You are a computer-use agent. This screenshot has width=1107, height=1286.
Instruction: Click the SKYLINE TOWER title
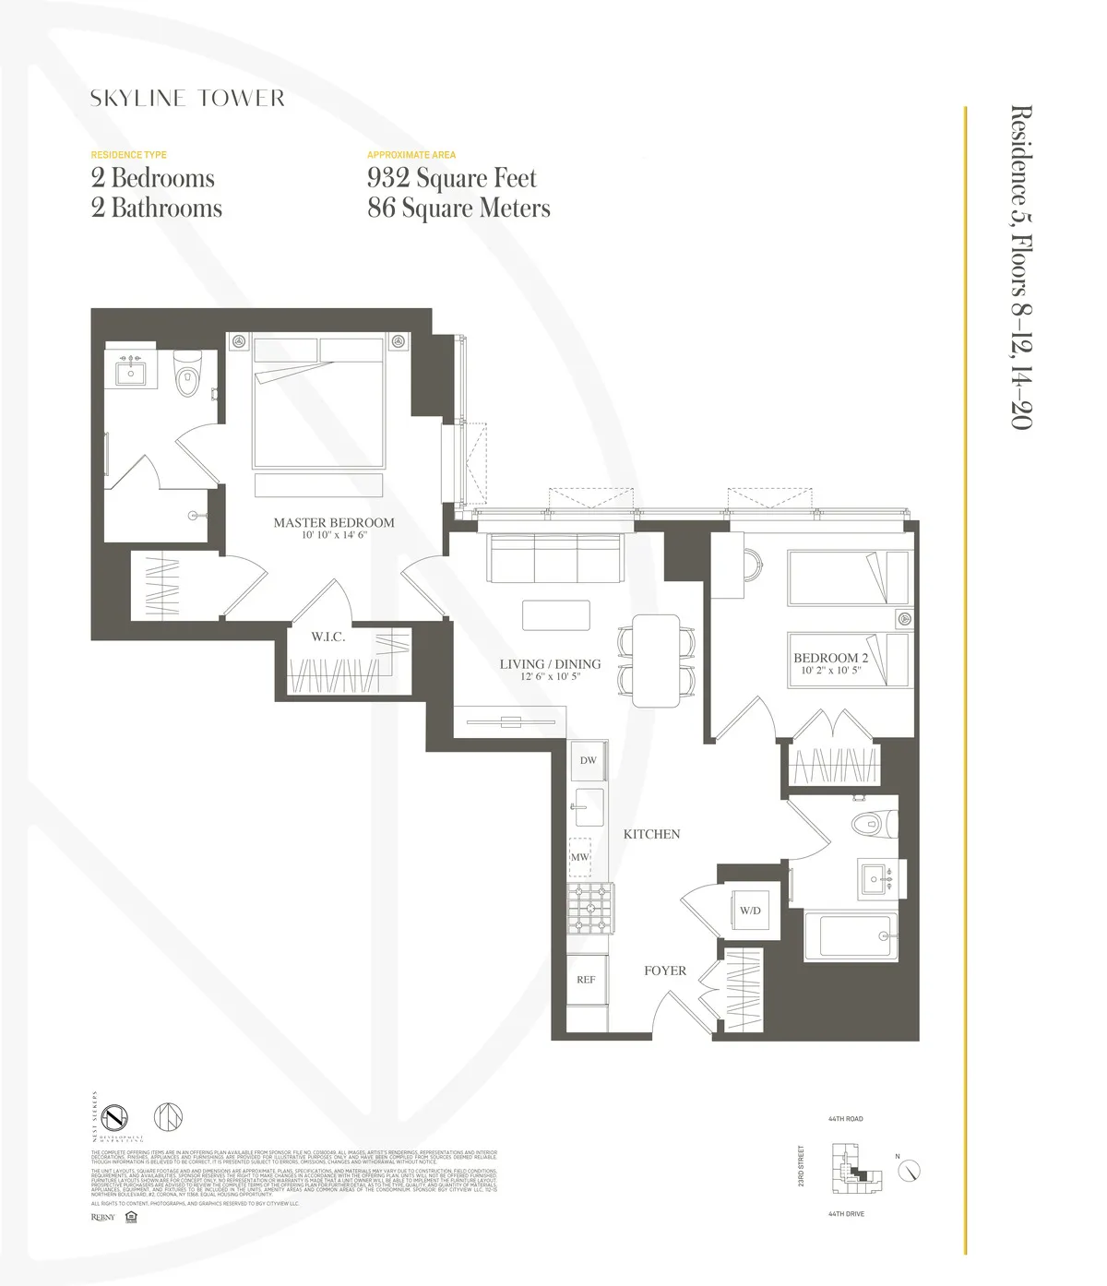[187, 99]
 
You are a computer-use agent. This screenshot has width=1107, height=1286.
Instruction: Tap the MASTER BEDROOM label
[333, 523]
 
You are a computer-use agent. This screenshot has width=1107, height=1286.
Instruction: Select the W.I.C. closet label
[327, 637]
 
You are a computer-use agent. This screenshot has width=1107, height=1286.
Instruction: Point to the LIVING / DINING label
[550, 664]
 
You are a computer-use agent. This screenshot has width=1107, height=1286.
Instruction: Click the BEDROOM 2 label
[830, 659]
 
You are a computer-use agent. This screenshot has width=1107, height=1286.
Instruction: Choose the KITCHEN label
[651, 834]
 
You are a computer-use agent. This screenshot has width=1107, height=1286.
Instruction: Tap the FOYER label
[664, 970]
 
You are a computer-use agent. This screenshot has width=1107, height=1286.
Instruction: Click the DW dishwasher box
[588, 761]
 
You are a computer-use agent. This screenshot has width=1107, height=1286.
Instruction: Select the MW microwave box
[579, 857]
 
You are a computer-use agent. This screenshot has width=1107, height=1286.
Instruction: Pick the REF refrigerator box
[587, 980]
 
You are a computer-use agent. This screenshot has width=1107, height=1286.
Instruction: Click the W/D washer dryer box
[750, 911]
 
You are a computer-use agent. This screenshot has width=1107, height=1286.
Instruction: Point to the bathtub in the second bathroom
[850, 935]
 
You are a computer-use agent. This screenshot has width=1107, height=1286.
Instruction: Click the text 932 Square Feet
[451, 178]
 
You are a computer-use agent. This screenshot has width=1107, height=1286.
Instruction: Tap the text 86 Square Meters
[458, 208]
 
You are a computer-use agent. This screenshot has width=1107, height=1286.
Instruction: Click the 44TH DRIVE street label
[846, 1214]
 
